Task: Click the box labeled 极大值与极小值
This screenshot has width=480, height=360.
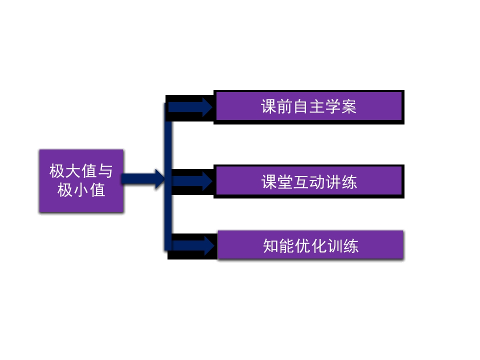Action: click(x=81, y=180)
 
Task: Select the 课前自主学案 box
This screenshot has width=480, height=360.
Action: click(x=308, y=106)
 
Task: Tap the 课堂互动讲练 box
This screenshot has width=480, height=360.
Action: click(x=308, y=181)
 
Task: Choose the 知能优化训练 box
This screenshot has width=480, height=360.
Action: click(x=310, y=245)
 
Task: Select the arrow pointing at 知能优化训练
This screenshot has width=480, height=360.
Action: click(x=193, y=245)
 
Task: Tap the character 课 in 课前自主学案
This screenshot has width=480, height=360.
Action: click(x=269, y=106)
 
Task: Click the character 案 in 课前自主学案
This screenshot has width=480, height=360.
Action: click(x=349, y=106)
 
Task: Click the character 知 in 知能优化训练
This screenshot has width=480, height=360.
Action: click(x=271, y=246)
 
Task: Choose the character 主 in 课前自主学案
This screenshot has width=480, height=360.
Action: click(x=317, y=106)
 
